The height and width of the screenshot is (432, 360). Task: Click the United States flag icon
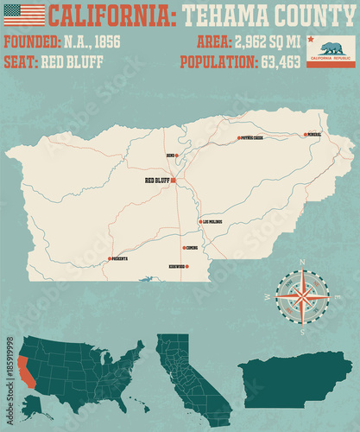point(24,14)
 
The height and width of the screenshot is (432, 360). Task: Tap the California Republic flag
point(331,52)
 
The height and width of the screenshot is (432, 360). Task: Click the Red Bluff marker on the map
point(174,181)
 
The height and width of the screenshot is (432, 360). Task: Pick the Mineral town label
point(313,135)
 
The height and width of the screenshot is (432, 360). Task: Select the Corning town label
point(192,247)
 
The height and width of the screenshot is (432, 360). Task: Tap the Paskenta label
point(119,258)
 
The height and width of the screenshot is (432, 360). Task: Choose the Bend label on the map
point(171,156)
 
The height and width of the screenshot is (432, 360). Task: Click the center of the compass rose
point(302,296)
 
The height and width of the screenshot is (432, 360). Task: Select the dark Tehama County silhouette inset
point(294,380)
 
